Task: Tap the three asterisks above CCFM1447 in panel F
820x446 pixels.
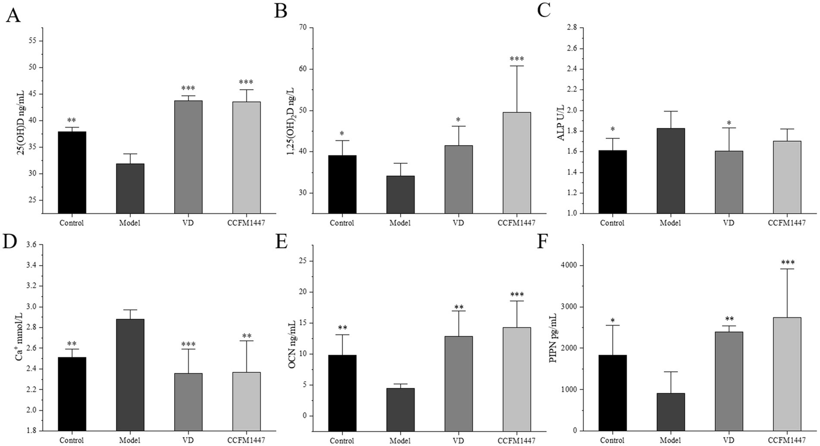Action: click(x=787, y=262)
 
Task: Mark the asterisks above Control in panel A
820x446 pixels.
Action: click(x=72, y=121)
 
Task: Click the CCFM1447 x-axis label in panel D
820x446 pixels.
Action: click(x=247, y=441)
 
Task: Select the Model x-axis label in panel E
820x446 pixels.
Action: click(x=401, y=441)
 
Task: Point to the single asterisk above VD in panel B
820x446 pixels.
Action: click(x=458, y=120)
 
